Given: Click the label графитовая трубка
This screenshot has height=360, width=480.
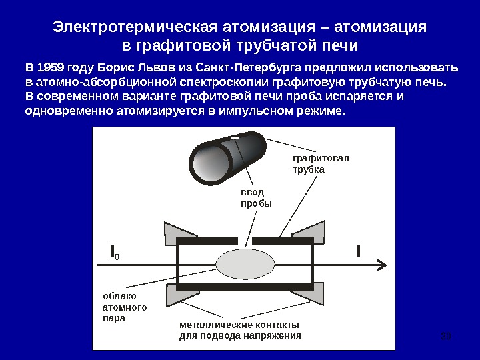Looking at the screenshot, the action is tap(321, 164).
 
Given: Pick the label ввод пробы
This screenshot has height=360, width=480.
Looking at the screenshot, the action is tap(257, 197).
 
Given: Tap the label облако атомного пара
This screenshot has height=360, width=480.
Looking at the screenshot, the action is tap(123, 307).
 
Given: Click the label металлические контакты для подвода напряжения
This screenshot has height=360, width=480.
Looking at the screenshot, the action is tap(241, 330).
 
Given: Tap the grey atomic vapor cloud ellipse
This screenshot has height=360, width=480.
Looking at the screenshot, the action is tap(244, 265).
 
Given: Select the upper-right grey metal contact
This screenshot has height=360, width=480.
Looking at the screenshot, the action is tap(309, 231).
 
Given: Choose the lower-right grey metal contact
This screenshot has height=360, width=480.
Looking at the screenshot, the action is tap(309, 294).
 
